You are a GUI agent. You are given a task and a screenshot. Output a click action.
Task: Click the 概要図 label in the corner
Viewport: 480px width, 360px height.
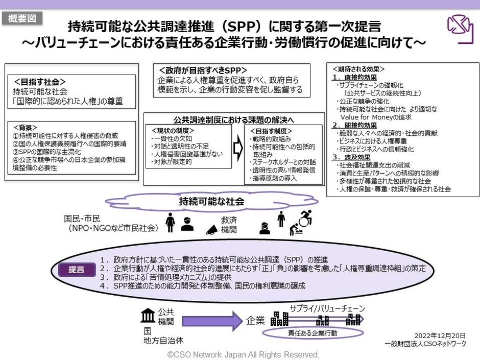pos(22,19)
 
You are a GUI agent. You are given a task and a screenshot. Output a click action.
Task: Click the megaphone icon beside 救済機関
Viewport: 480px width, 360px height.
pos(212,230)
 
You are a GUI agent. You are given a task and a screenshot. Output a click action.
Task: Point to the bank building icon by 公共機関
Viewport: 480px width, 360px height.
pos(148,316)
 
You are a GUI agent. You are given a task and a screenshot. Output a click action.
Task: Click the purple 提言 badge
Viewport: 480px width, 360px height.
pos(76,269)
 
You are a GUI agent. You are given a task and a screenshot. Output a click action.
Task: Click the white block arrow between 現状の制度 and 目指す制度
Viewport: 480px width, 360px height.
pos(237,148)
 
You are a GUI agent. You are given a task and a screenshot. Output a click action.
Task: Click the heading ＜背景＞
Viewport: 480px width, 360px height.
pos(29,127)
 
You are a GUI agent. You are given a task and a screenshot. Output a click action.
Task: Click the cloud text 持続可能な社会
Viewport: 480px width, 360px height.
pos(211,201)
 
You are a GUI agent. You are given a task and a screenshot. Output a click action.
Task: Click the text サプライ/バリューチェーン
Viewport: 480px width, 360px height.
pos(327,308)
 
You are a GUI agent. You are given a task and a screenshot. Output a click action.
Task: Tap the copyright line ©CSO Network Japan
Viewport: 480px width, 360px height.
pos(243,354)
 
